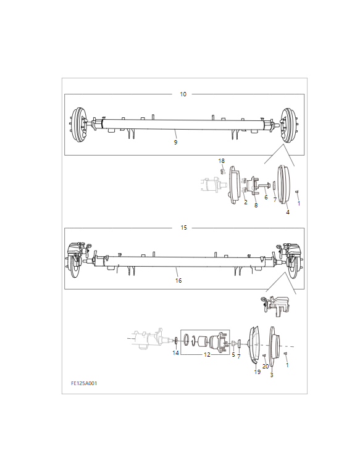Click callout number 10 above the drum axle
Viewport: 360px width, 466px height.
tap(183, 94)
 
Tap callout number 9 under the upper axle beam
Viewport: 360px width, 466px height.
tap(175, 143)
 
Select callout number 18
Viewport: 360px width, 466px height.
tap(222, 160)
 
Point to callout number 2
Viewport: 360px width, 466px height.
tap(246, 202)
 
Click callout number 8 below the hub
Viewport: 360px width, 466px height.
tap(256, 205)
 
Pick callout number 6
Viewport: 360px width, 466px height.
tap(266, 198)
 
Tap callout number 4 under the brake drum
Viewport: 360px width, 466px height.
tap(288, 212)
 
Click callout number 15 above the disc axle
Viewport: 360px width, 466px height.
tap(184, 228)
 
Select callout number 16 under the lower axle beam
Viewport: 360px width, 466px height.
tap(178, 281)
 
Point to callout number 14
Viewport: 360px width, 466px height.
tap(176, 353)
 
